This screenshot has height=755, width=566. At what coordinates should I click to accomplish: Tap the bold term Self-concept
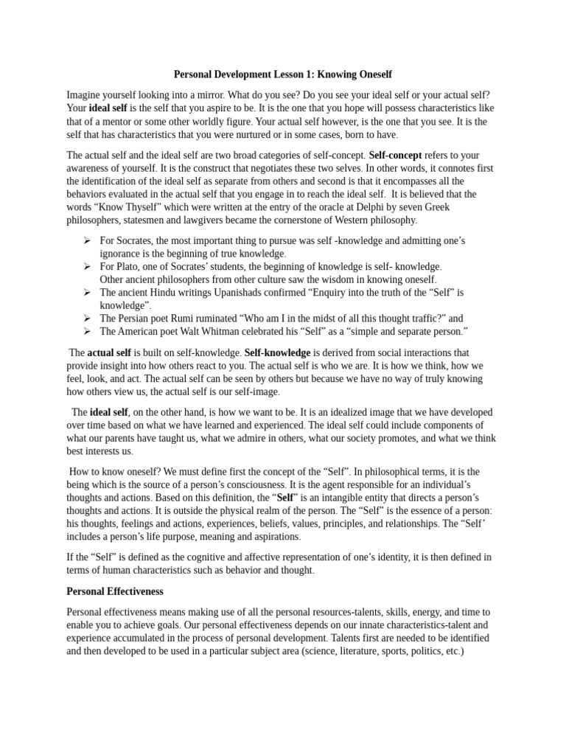395,156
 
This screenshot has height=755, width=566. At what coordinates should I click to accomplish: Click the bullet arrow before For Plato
87,266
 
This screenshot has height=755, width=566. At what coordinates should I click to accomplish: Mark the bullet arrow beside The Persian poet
87,319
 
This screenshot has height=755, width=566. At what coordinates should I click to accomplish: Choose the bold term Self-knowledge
277,353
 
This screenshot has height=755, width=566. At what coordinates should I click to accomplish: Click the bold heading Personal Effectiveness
115,591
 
